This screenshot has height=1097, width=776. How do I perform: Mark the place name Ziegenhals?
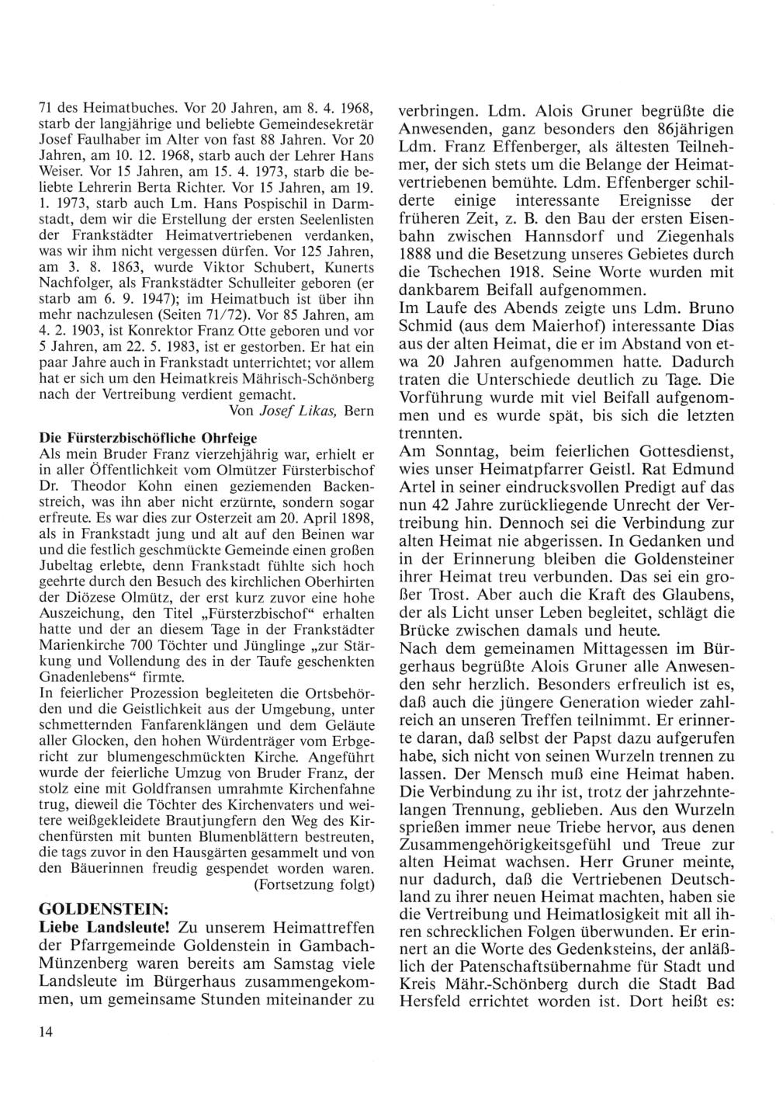pos(692,236)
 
